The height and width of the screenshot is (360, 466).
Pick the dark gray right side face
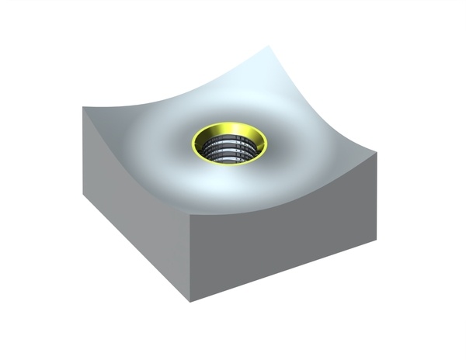(x=287, y=241)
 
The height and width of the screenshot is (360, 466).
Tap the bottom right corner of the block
(x=377, y=231)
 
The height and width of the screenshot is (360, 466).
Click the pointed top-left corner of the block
(x=83, y=106)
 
